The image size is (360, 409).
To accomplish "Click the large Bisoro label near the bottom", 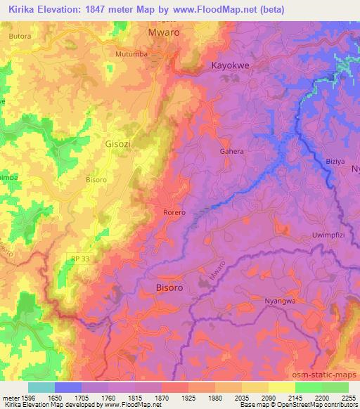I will [169, 287].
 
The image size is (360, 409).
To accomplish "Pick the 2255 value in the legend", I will [348, 397].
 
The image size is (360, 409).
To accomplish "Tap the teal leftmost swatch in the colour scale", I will [41, 387].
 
